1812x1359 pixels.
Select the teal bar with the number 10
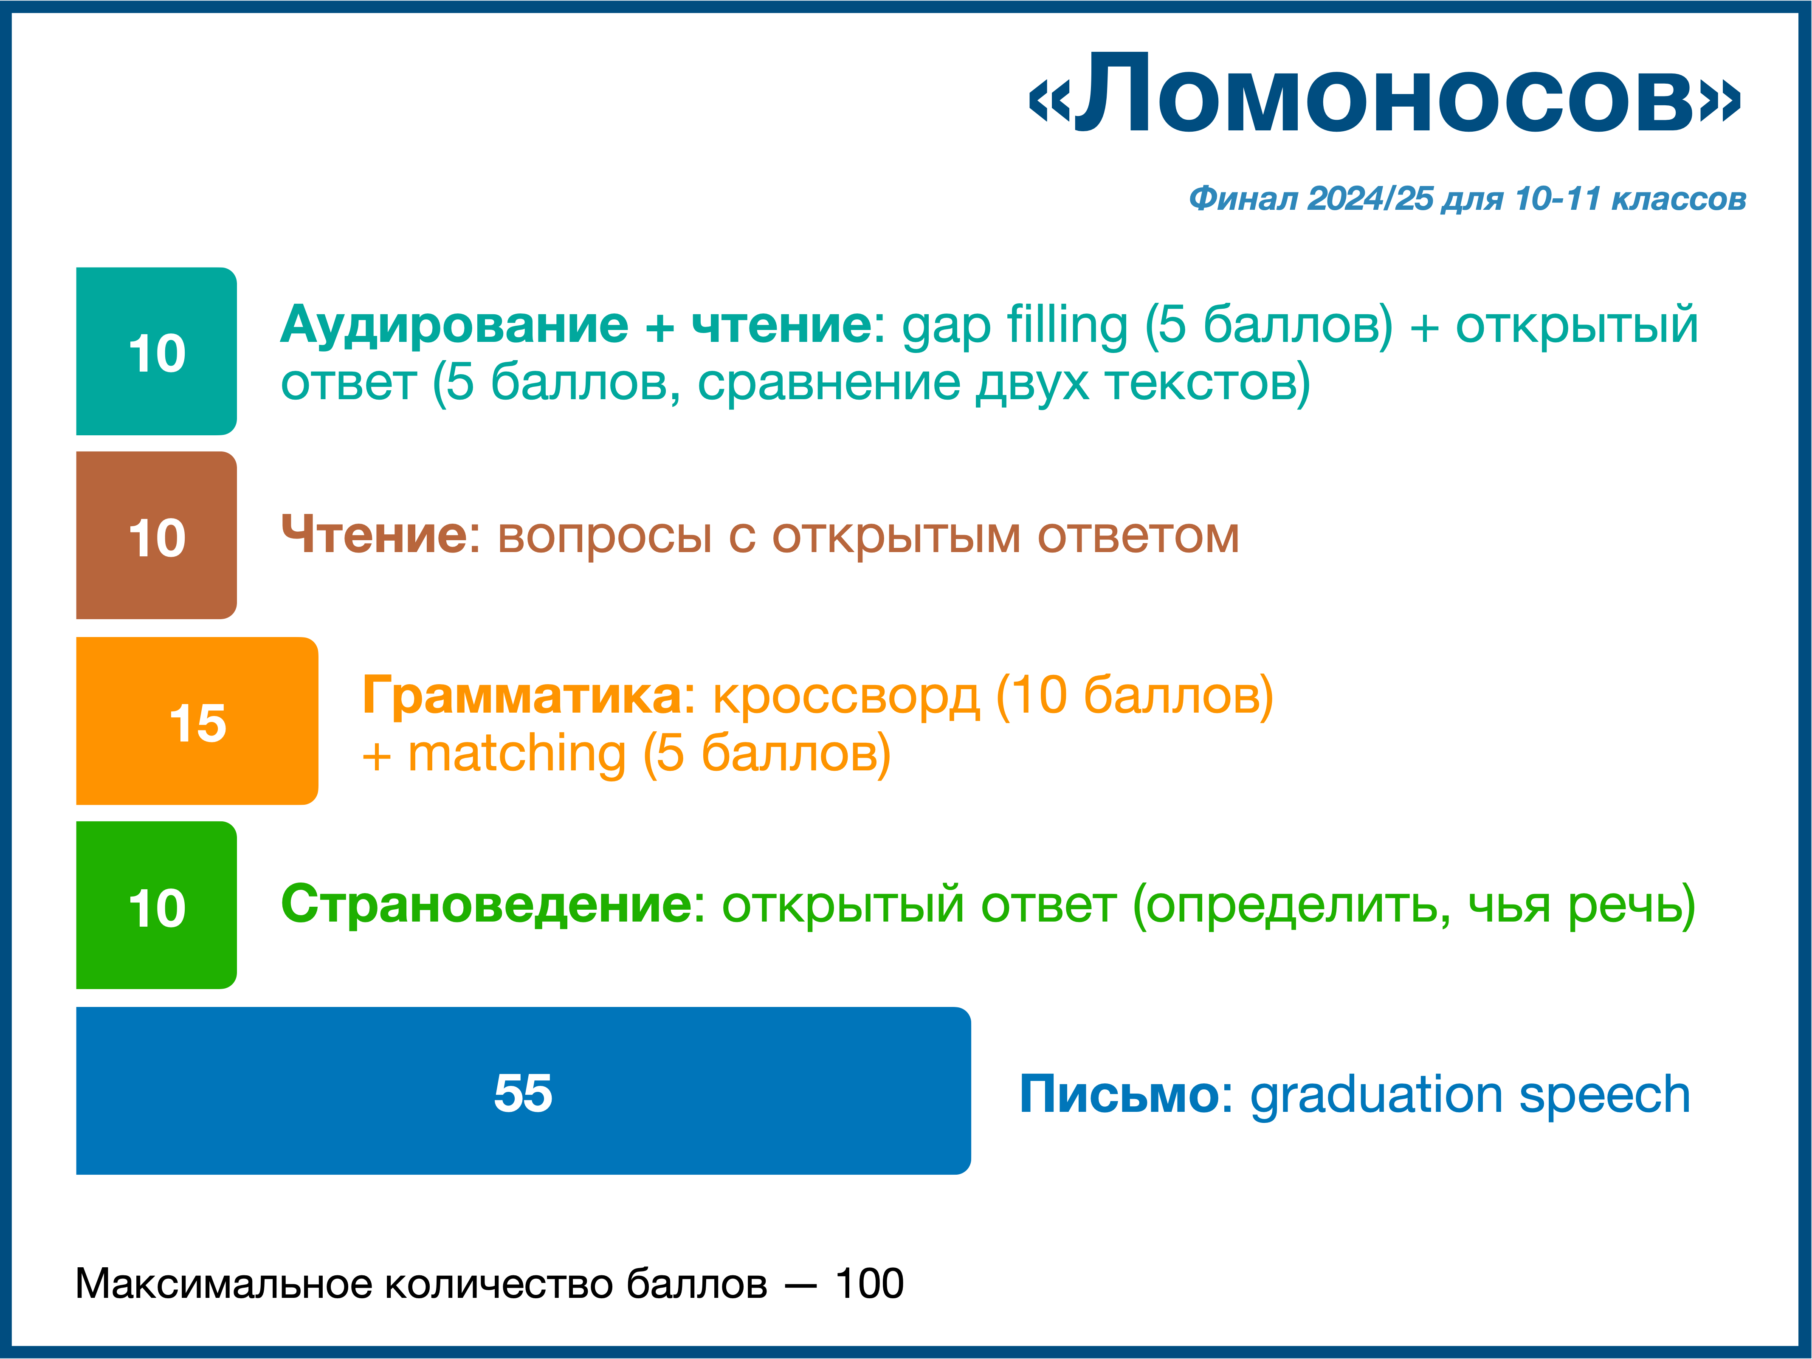click(156, 351)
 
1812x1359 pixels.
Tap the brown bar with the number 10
click(156, 536)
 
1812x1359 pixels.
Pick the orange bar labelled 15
click(197, 721)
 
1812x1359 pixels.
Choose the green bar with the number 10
click(156, 905)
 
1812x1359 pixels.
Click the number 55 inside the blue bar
click(524, 1093)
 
